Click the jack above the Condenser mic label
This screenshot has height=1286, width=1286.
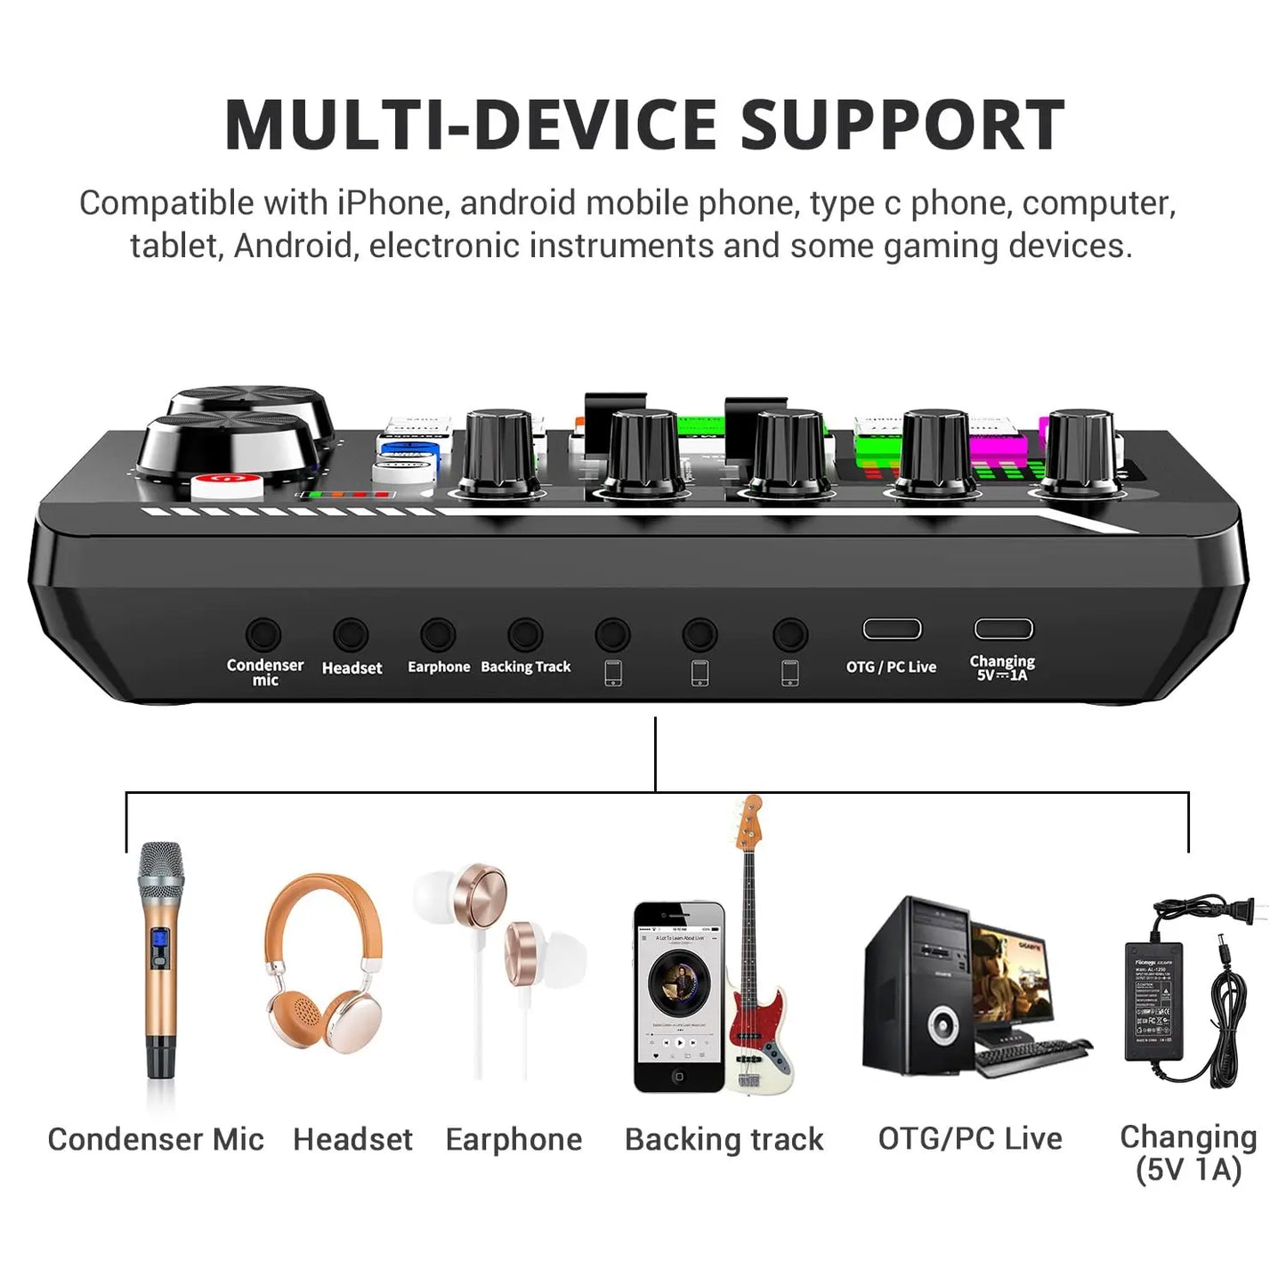coord(263,635)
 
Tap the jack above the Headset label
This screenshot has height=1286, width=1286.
coord(351,635)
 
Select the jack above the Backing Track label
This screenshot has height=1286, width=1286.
coord(525,635)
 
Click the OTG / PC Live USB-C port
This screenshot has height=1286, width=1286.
coord(892,629)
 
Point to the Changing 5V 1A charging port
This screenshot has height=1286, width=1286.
coord(1003,629)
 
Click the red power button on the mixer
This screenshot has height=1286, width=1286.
coord(228,485)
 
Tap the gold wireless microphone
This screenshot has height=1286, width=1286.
coord(161,961)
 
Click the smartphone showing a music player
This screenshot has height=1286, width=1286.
coord(678,997)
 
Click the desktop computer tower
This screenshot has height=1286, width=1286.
coord(917,988)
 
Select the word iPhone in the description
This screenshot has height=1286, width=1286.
coord(390,203)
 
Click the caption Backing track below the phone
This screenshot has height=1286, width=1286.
coord(724,1139)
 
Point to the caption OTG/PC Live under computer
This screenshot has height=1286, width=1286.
coord(970,1138)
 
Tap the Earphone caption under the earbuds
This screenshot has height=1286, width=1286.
coord(514,1139)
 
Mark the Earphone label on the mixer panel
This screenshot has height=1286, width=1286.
coord(439,667)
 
